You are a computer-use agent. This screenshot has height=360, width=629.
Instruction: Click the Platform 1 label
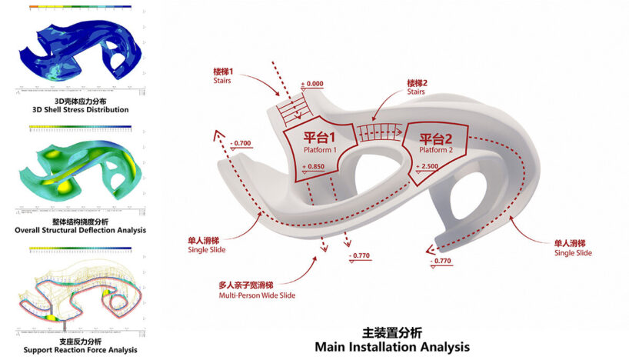tap(319, 142)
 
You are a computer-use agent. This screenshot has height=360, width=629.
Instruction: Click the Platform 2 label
tap(436, 144)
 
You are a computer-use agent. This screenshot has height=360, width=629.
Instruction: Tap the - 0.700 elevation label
tap(241, 143)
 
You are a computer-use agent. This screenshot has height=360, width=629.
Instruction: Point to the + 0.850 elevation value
tap(314, 167)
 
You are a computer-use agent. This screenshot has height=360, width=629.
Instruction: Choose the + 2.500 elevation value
tap(430, 167)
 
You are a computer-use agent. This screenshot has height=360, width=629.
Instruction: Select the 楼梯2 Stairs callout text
tap(416, 86)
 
